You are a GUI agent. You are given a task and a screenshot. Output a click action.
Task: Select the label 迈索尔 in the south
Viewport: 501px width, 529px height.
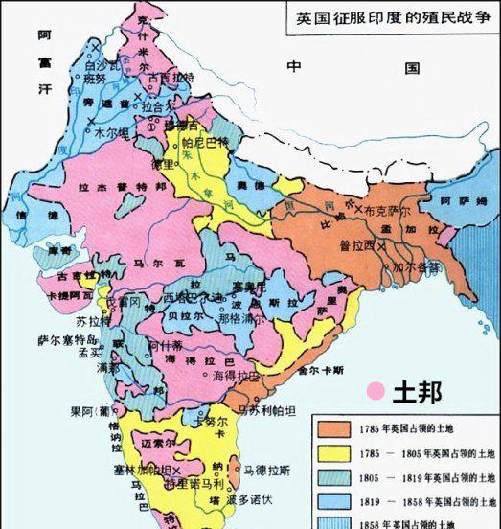[x=159, y=444]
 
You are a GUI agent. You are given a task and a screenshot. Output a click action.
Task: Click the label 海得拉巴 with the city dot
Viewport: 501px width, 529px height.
[x=234, y=376]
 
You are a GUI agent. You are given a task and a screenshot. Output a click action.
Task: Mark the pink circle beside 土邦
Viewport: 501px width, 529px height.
[x=376, y=391]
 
